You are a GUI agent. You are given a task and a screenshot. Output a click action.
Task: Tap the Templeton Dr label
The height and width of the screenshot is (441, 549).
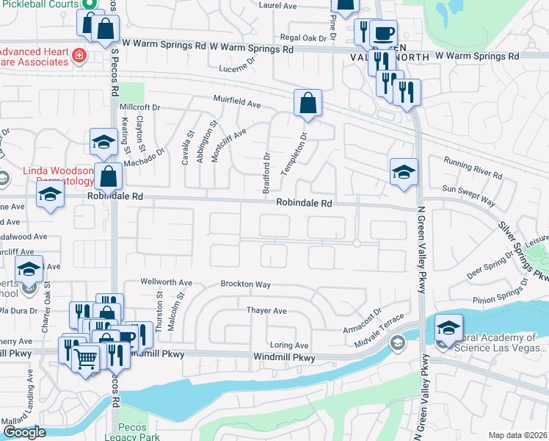302,147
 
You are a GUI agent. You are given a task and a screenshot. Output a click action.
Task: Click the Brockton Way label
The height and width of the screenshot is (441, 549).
246,284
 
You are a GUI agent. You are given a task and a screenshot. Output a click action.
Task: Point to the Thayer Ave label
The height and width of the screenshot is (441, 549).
266,311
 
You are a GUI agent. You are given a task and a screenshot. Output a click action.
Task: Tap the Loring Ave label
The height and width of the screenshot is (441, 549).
289,345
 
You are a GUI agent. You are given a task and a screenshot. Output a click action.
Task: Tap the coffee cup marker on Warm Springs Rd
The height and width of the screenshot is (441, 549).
382,33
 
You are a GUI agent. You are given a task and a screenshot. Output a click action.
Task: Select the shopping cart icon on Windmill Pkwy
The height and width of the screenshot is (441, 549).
87,359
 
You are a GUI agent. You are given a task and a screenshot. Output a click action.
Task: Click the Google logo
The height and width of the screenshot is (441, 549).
25,432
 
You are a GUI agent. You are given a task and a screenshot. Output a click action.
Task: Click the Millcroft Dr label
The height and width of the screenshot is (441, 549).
139,107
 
